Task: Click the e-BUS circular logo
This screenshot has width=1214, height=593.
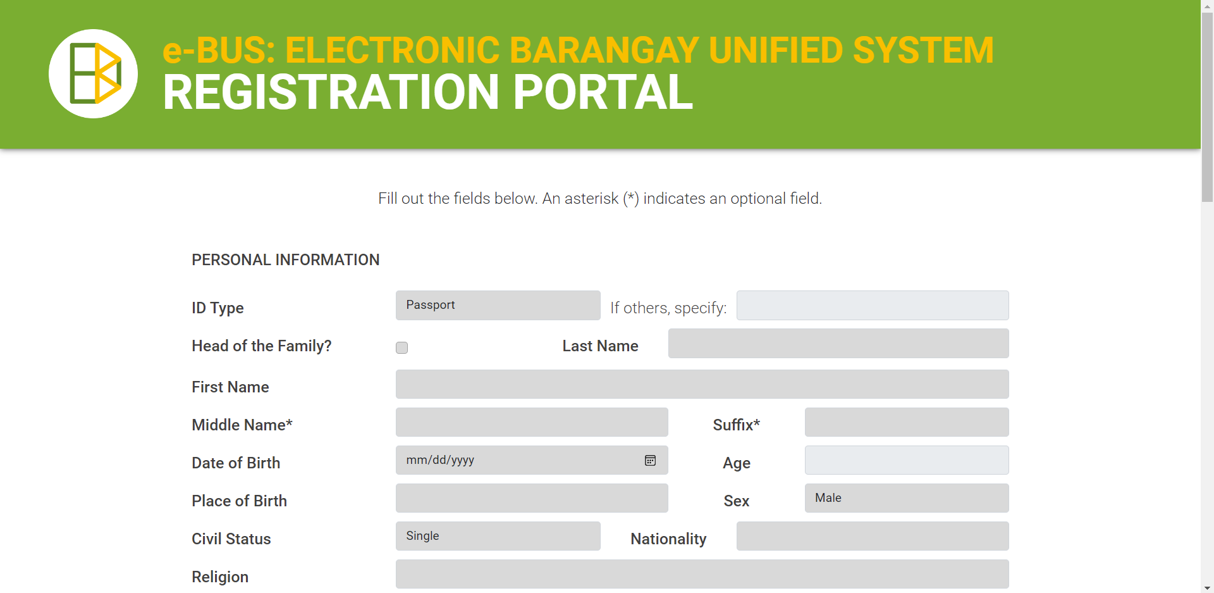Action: point(93,73)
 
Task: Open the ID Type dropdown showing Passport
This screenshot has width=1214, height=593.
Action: point(498,305)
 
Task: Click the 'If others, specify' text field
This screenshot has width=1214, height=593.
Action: point(872,305)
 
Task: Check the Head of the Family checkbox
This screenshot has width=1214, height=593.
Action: point(402,347)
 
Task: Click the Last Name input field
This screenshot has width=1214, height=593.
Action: point(838,343)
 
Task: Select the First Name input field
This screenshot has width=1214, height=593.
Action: point(702,384)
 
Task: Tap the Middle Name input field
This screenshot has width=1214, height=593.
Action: point(532,422)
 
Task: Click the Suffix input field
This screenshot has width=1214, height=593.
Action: point(906,422)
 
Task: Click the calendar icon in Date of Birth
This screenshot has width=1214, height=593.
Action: point(650,460)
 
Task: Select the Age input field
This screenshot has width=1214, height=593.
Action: point(906,460)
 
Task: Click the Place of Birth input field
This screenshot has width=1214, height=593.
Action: point(532,498)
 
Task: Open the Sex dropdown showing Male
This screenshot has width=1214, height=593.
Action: point(906,498)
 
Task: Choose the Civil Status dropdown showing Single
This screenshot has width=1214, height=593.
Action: point(498,536)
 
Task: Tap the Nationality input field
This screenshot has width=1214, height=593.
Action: point(872,536)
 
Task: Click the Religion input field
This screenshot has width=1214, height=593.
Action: point(702,574)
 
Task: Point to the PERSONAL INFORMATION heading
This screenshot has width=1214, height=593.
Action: point(286,260)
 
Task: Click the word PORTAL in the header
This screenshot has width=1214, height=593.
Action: point(603,92)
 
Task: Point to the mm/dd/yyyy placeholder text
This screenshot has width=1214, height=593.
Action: point(440,460)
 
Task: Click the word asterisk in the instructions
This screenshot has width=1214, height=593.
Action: point(591,199)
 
